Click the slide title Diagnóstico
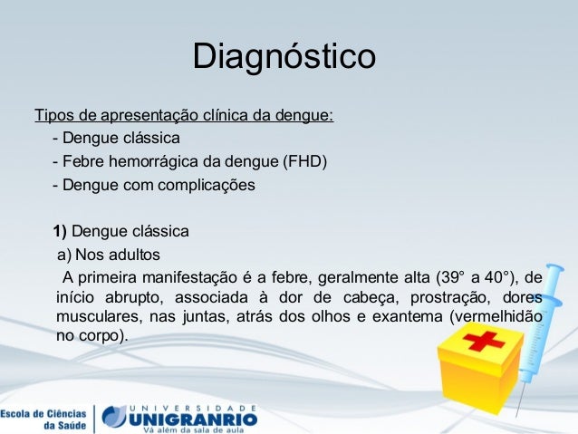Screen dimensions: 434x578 (284, 56)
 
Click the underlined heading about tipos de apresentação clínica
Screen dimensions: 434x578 (184, 116)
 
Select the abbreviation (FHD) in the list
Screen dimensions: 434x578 (304, 162)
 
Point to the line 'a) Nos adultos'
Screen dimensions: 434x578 (108, 253)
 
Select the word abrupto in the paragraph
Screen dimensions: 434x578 (139, 297)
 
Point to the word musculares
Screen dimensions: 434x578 (94, 318)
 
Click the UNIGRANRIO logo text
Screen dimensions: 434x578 (192, 418)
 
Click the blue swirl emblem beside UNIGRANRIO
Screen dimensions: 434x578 (114, 417)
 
